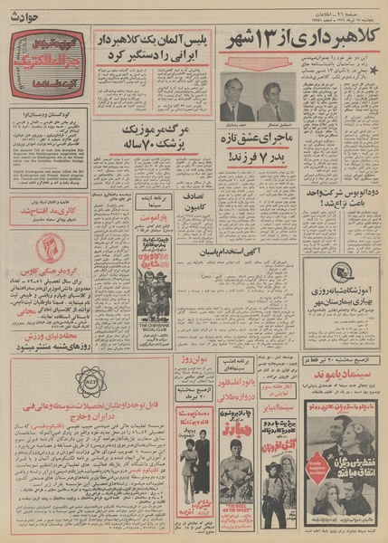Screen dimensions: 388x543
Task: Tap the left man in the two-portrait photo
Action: (x=236, y=99)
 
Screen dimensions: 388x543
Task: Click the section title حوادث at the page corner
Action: (x=20, y=10)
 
